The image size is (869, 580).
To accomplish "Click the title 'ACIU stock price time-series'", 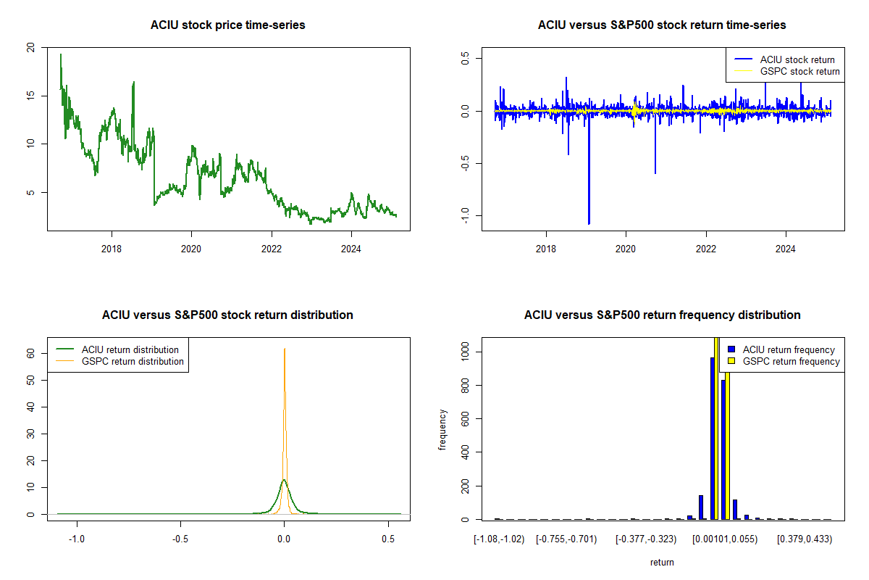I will pos(227,25).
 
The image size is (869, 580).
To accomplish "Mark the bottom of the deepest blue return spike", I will pos(589,223).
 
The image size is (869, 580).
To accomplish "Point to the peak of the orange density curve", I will pos(285,349).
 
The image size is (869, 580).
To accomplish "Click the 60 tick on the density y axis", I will pos(30,353).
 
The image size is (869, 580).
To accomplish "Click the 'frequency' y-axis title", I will pos(442,430).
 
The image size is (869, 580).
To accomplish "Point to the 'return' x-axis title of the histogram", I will pos(662,562).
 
